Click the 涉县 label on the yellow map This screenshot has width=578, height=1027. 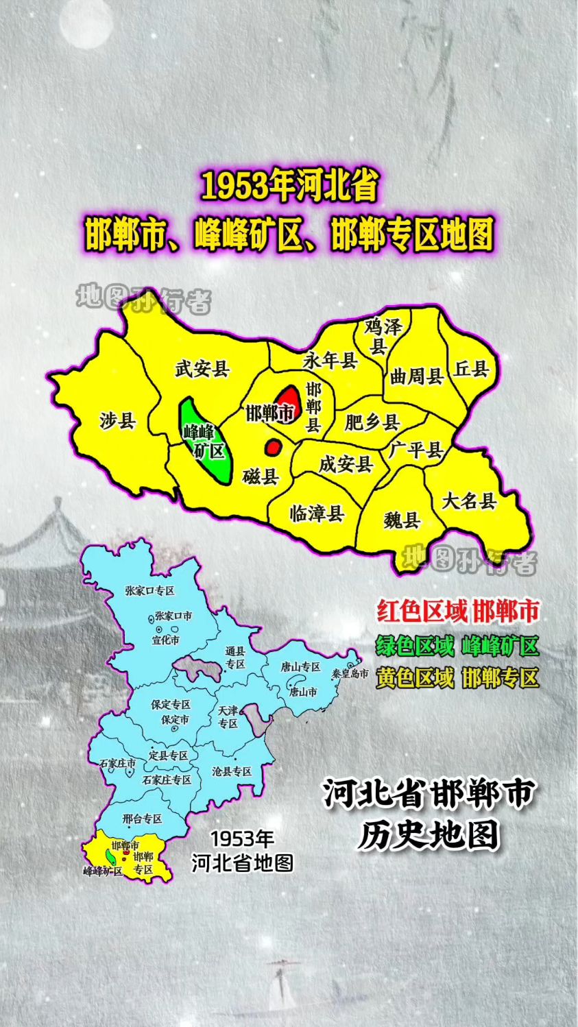(x=117, y=420)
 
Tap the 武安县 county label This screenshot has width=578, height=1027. (x=202, y=369)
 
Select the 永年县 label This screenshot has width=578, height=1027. (x=330, y=360)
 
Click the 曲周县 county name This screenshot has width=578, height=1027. (x=416, y=376)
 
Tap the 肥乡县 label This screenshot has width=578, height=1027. (x=372, y=422)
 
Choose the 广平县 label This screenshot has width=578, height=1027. (x=416, y=450)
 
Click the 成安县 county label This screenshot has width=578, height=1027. (x=346, y=464)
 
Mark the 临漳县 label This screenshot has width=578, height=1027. (x=317, y=513)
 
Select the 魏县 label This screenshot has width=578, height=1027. (x=401, y=520)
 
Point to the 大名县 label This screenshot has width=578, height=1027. (x=469, y=500)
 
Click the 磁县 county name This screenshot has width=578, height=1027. (x=261, y=476)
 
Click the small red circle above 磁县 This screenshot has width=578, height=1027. (x=273, y=447)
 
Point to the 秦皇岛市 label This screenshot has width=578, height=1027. (x=350, y=674)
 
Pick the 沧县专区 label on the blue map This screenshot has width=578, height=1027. (x=232, y=771)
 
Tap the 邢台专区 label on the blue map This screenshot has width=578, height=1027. (x=142, y=819)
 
